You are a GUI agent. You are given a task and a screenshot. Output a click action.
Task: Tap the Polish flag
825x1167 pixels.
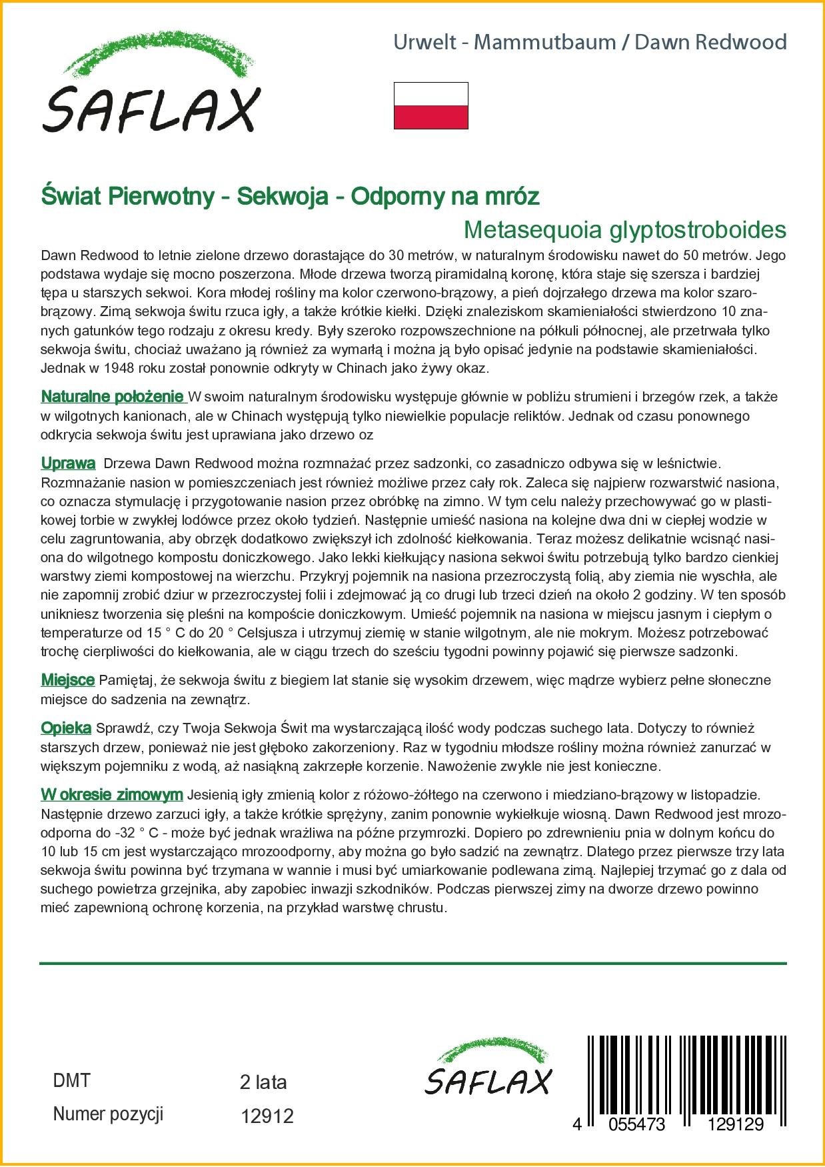[x=430, y=105]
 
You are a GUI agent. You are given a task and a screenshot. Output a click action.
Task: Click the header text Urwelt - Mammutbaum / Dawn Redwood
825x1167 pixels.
[x=590, y=43]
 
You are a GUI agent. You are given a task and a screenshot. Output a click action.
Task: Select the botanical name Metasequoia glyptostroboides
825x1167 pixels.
[x=624, y=230]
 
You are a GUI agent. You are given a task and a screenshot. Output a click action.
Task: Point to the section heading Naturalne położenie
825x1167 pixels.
[x=113, y=397]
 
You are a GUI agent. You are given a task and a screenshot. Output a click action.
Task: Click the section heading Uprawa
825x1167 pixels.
[x=68, y=463]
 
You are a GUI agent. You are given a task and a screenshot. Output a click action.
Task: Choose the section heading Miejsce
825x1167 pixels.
[x=67, y=680]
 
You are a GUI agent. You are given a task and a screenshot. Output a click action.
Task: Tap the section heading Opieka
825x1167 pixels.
[x=66, y=728]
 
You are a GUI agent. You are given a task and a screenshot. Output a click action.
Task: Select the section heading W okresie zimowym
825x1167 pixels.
[x=111, y=795]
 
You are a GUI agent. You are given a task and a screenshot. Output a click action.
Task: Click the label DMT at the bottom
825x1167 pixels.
[x=71, y=1080]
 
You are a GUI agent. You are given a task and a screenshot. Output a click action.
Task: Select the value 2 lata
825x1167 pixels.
[x=263, y=1082]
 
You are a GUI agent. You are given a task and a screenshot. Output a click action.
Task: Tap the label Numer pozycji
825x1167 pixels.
[x=108, y=1114]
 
